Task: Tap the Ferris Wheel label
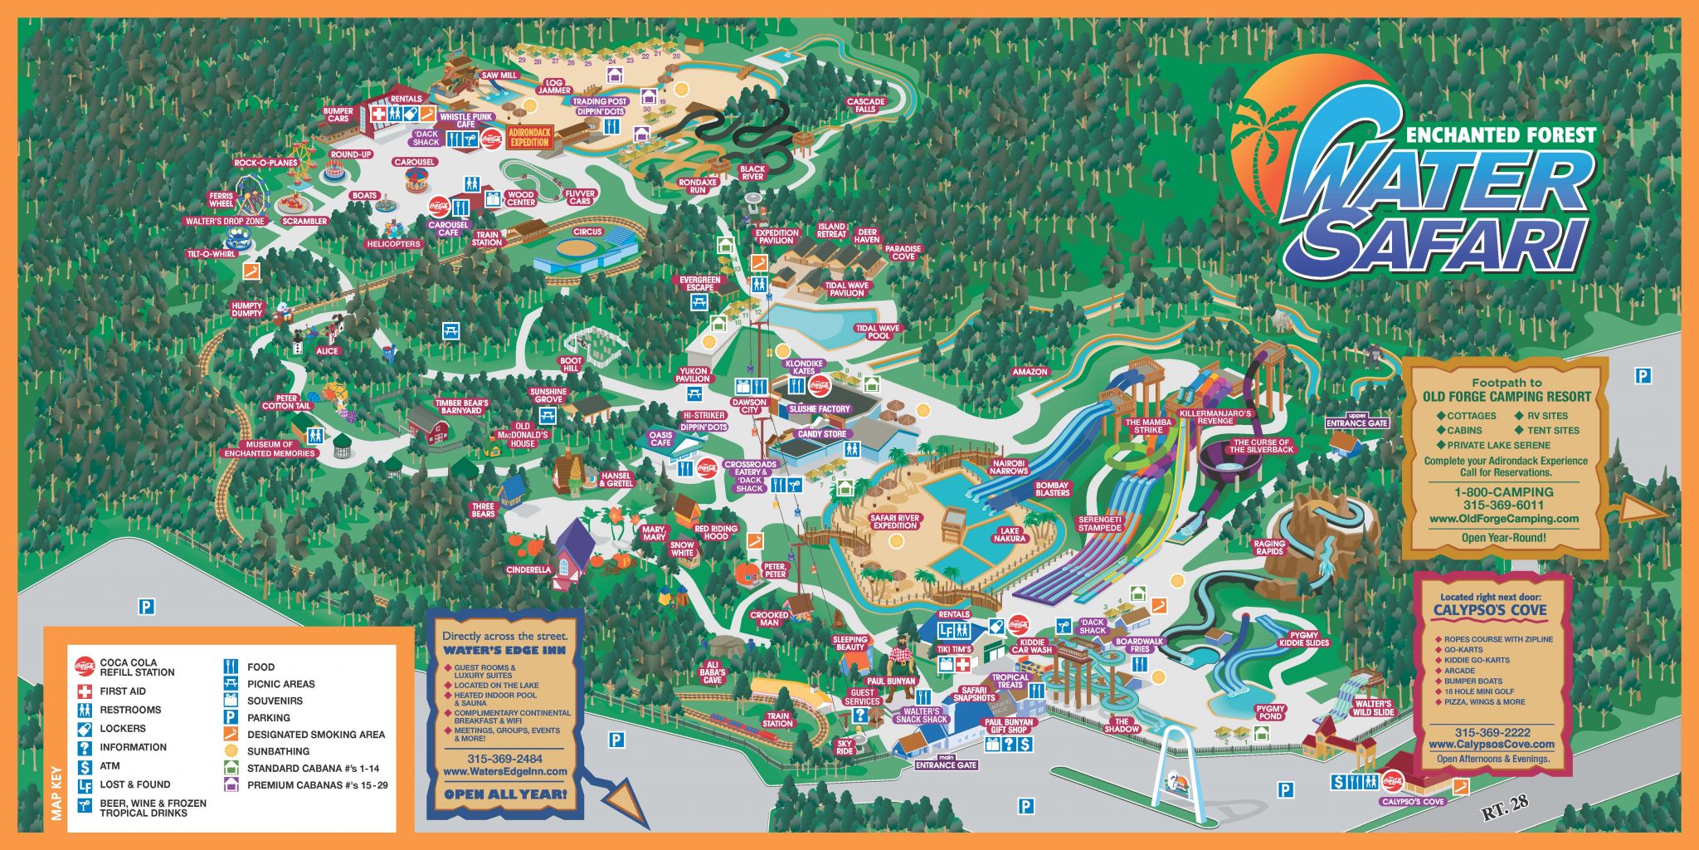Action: pos(222,200)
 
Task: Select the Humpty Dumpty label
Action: pos(246,310)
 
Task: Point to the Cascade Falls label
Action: pos(865,105)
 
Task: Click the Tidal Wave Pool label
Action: pos(878,332)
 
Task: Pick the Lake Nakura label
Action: pos(1010,535)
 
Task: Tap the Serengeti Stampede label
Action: pos(1100,524)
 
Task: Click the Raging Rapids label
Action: pos(1269,548)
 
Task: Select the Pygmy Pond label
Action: pos(1270,712)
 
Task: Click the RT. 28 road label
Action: pos(1505,808)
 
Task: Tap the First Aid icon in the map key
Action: pos(85,691)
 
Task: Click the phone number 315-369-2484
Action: pos(504,759)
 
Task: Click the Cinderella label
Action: pos(528,569)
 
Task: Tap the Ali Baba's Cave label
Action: pos(712,672)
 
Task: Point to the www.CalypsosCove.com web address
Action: pos(1492,745)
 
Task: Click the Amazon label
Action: pos(1030,372)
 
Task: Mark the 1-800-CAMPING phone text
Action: pos(1503,491)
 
